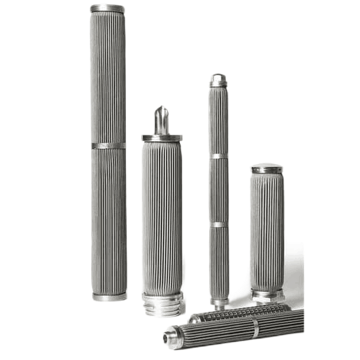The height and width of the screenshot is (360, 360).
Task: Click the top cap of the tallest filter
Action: click(107, 8)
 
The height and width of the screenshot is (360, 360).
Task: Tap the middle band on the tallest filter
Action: click(108, 145)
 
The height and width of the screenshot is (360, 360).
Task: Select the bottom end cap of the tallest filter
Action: click(109, 296)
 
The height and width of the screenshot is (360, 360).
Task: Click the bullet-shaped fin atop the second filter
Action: click(161, 119)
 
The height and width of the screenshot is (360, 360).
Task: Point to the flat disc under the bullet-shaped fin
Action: click(161, 137)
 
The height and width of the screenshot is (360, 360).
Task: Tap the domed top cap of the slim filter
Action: click(218, 78)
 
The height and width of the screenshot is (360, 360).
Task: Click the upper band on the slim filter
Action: click(218, 156)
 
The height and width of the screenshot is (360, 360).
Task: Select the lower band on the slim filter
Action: click(219, 225)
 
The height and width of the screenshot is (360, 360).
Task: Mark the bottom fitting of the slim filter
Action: click(219, 300)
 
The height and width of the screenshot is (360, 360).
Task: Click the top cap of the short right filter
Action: click(266, 168)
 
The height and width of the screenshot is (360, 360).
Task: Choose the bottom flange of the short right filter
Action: click(267, 294)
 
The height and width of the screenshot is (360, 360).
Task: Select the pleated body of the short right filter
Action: click(267, 230)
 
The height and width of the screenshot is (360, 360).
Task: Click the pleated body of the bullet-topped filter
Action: click(161, 216)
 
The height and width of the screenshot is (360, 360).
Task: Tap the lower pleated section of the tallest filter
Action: click(109, 220)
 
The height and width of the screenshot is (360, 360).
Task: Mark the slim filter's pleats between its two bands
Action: click(218, 191)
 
